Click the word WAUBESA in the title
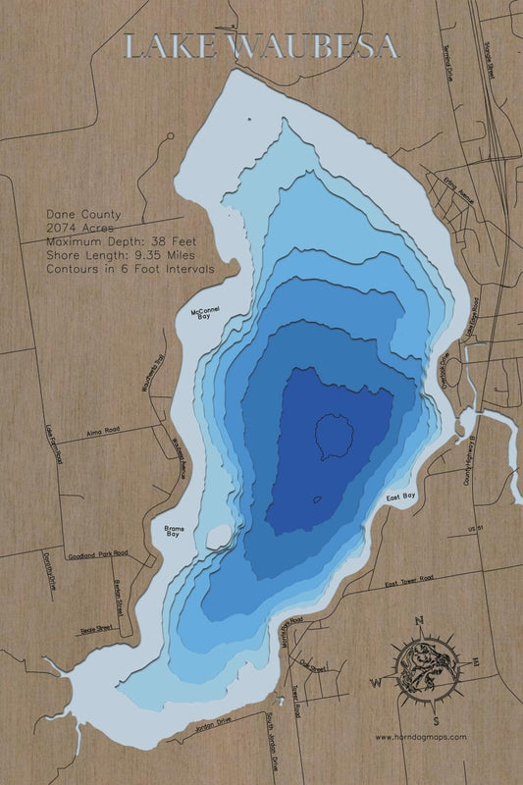click(314, 46)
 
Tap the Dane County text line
click(83, 214)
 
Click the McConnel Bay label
click(205, 313)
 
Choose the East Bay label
click(402, 497)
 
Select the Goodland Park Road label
click(99, 553)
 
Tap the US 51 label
click(478, 530)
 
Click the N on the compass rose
click(419, 620)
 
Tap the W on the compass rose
click(374, 681)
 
